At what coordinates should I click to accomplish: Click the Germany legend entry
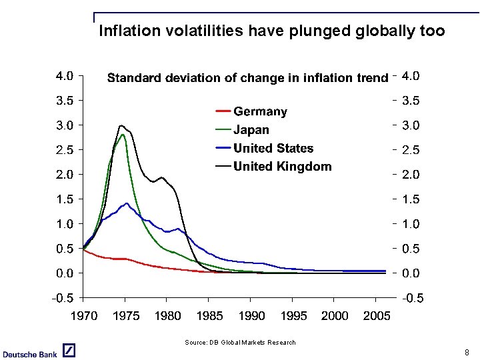260,112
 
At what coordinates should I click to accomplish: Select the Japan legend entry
251,130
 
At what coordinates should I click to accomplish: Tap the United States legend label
273,148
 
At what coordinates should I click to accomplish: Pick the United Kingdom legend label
282,167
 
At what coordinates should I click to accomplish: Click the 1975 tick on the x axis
125,316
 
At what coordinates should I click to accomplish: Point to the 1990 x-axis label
251,316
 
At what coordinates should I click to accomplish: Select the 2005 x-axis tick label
377,316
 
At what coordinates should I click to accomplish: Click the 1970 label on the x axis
83,316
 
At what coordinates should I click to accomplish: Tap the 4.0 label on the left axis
64,76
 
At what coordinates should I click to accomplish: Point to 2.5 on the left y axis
64,150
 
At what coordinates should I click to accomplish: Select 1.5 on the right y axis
411,199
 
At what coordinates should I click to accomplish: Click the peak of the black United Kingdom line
121,125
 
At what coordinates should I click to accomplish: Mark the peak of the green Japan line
123,135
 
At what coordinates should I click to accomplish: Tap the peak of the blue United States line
127,203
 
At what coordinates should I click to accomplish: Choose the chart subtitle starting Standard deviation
247,78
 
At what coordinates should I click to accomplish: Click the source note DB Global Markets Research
240,343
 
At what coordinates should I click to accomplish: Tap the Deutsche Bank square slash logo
69,351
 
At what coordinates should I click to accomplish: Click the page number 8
467,352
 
